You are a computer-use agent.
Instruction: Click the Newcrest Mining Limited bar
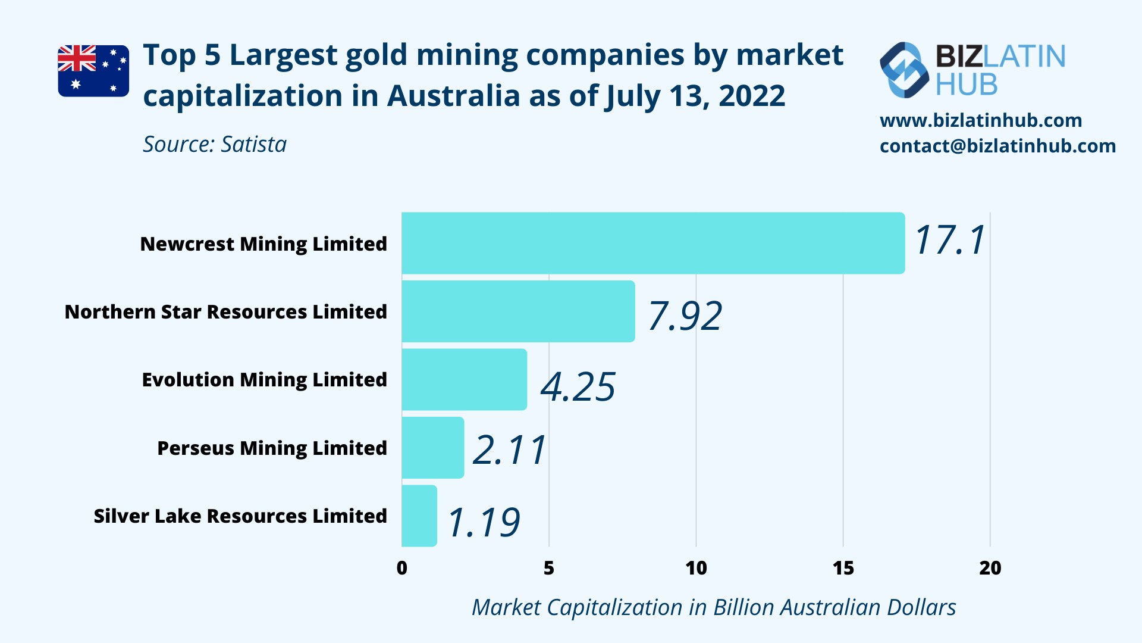[x=652, y=243]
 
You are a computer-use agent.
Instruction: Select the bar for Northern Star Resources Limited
[x=518, y=311]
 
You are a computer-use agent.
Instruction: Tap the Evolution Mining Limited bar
[x=464, y=379]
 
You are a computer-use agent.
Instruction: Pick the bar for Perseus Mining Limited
[x=432, y=448]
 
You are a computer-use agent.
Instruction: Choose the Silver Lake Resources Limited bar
[x=419, y=516]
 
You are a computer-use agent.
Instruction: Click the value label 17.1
[x=950, y=241]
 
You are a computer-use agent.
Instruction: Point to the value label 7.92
[x=685, y=316]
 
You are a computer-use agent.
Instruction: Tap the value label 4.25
[x=578, y=387]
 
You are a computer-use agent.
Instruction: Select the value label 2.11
[x=509, y=450]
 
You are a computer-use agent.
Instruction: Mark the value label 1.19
[x=483, y=523]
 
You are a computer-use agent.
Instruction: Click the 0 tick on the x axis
[x=402, y=568]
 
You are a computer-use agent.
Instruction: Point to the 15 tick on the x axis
[x=843, y=568]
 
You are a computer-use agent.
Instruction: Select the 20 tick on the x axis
[x=990, y=568]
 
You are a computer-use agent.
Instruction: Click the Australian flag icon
[x=93, y=71]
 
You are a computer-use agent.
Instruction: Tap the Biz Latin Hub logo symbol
[x=904, y=70]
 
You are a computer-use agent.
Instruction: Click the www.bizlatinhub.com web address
[x=981, y=120]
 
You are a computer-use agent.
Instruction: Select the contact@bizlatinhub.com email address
[x=997, y=146]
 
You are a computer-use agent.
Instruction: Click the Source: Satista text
[x=215, y=145]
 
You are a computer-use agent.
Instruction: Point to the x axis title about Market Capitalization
[x=714, y=607]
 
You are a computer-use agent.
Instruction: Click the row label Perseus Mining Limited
[x=272, y=448]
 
